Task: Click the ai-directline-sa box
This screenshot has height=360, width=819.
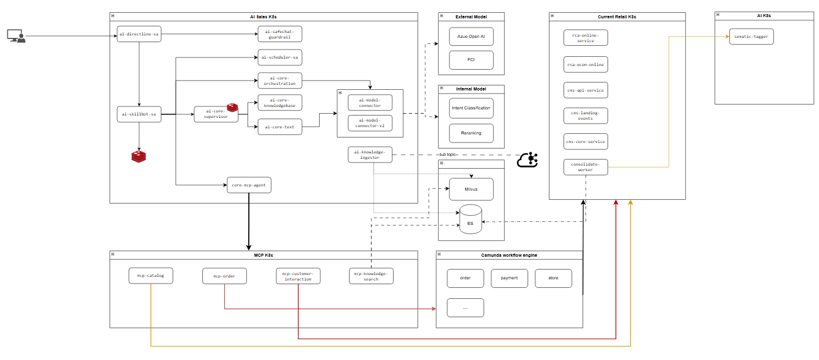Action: pos(139,34)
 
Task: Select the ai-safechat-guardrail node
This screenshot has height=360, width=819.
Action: pos(280,34)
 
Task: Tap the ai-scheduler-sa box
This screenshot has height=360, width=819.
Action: pos(280,57)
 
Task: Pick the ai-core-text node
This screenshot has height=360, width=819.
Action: pos(280,127)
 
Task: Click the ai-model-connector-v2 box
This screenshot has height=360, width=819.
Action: pos(370,123)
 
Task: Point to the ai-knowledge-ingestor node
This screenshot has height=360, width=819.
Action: pos(370,155)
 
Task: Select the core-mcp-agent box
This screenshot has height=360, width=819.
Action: pos(249,185)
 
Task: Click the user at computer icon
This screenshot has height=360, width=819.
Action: pos(17,36)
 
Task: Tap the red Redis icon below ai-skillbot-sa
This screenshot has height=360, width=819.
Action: pos(139,156)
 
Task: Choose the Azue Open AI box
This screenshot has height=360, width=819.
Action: pos(471,37)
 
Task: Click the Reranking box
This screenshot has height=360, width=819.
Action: pos(471,133)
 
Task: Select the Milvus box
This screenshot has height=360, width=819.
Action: pos(471,189)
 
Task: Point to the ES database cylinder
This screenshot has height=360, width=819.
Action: pos(471,219)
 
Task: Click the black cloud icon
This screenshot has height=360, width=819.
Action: pos(527,160)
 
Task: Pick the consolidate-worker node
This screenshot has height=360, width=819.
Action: pos(586,167)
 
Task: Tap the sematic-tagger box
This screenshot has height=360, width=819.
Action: pos(751,37)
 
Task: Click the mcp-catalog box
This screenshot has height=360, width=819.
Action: pos(150,276)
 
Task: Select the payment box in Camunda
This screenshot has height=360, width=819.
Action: pos(509,278)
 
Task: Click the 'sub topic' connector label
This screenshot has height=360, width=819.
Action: pos(448,155)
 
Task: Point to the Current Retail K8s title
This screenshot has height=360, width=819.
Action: pos(617,17)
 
